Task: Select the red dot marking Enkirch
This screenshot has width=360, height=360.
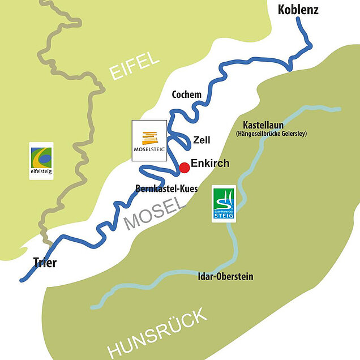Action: click(x=184, y=168)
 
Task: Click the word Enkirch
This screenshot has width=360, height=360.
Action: click(x=210, y=164)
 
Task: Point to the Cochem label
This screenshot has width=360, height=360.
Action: click(x=186, y=95)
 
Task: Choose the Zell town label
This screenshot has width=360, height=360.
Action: click(x=202, y=139)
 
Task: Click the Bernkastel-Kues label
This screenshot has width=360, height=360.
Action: click(x=166, y=188)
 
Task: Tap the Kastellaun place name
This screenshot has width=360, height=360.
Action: click(x=263, y=125)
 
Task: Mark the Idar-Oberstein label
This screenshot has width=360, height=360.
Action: click(x=226, y=277)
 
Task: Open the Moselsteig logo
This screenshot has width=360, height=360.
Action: click(x=149, y=140)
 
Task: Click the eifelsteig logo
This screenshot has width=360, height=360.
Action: click(x=41, y=161)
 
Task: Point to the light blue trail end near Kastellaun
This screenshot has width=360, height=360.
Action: click(x=339, y=108)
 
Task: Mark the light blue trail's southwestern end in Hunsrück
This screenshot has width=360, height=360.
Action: click(x=92, y=307)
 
